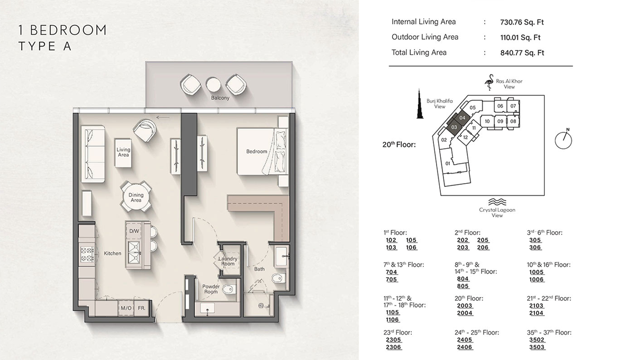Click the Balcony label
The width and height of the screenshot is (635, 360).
coord(220,97)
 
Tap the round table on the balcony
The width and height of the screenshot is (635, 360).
coord(213,84)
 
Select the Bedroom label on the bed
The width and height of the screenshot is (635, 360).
coord(257,151)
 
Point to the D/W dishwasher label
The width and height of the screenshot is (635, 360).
coord(134,231)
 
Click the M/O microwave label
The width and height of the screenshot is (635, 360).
coord(126,308)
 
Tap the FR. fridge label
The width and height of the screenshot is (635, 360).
coord(142,308)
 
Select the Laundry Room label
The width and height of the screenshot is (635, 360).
coord(228,261)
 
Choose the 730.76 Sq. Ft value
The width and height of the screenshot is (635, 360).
coord(522,22)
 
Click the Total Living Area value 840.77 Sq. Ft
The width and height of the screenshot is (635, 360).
coord(522,52)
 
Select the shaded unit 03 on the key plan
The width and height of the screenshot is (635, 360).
coord(454,127)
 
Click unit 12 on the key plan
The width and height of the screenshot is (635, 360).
coord(465,138)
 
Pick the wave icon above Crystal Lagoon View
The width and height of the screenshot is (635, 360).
coord(497,202)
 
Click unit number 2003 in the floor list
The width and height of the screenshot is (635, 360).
coord(465,305)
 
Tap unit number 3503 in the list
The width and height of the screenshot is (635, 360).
coord(537,347)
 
